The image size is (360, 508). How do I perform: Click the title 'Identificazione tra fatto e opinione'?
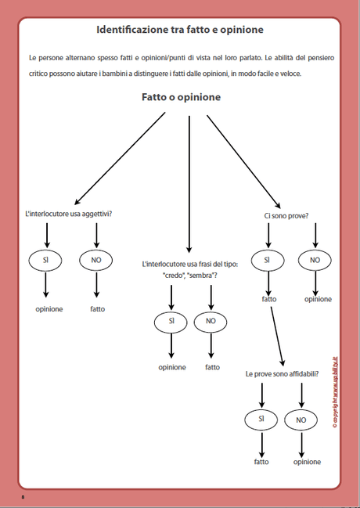pyautogui.click(x=179, y=30)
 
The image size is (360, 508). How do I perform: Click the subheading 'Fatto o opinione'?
pyautogui.click(x=181, y=98)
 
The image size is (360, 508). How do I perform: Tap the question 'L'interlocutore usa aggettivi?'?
pyautogui.click(x=69, y=214)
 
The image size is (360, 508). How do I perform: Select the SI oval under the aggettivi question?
pyautogui.click(x=45, y=259)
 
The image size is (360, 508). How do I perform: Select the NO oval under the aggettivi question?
pyautogui.click(x=95, y=259)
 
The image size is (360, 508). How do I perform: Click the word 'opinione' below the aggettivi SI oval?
pyautogui.click(x=49, y=308)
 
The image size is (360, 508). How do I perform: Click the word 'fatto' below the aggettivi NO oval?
pyautogui.click(x=97, y=308)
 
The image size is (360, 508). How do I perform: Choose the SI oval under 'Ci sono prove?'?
pyautogui.click(x=267, y=259)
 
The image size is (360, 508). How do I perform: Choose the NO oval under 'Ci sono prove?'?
pyautogui.click(x=315, y=259)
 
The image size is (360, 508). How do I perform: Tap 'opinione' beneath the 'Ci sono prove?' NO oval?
pyautogui.click(x=318, y=299)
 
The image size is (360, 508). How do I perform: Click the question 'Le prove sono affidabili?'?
pyautogui.click(x=282, y=374)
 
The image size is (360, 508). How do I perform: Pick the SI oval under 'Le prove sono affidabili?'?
pyautogui.click(x=261, y=420)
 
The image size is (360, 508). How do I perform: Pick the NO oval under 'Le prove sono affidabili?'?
pyautogui.click(x=301, y=420)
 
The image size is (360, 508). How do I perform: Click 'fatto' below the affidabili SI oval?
pyautogui.click(x=261, y=462)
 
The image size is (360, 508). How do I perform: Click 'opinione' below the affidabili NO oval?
pyautogui.click(x=306, y=462)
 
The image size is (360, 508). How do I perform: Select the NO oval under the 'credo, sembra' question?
pyautogui.click(x=211, y=320)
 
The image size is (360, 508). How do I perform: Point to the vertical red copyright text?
pyautogui.click(x=335, y=391)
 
